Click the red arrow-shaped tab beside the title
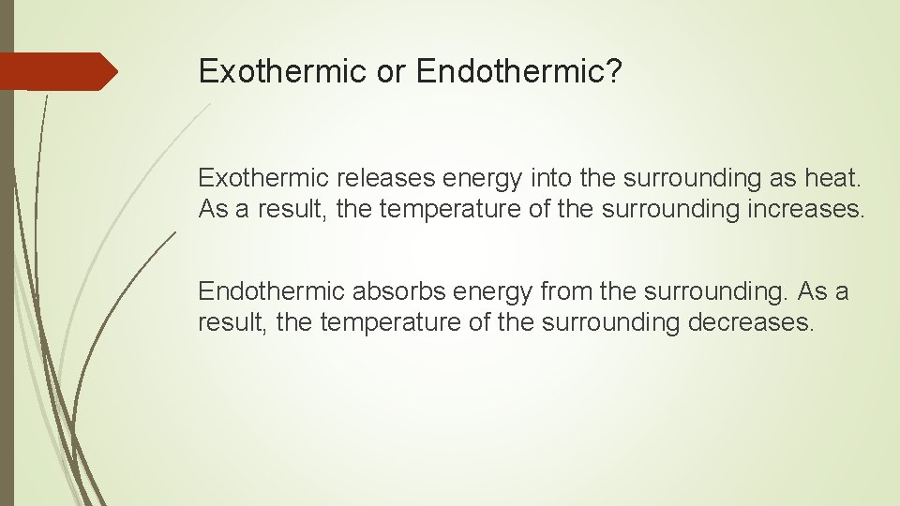point(59,71)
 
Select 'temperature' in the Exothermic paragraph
point(442,208)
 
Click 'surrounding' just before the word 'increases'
point(664,208)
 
